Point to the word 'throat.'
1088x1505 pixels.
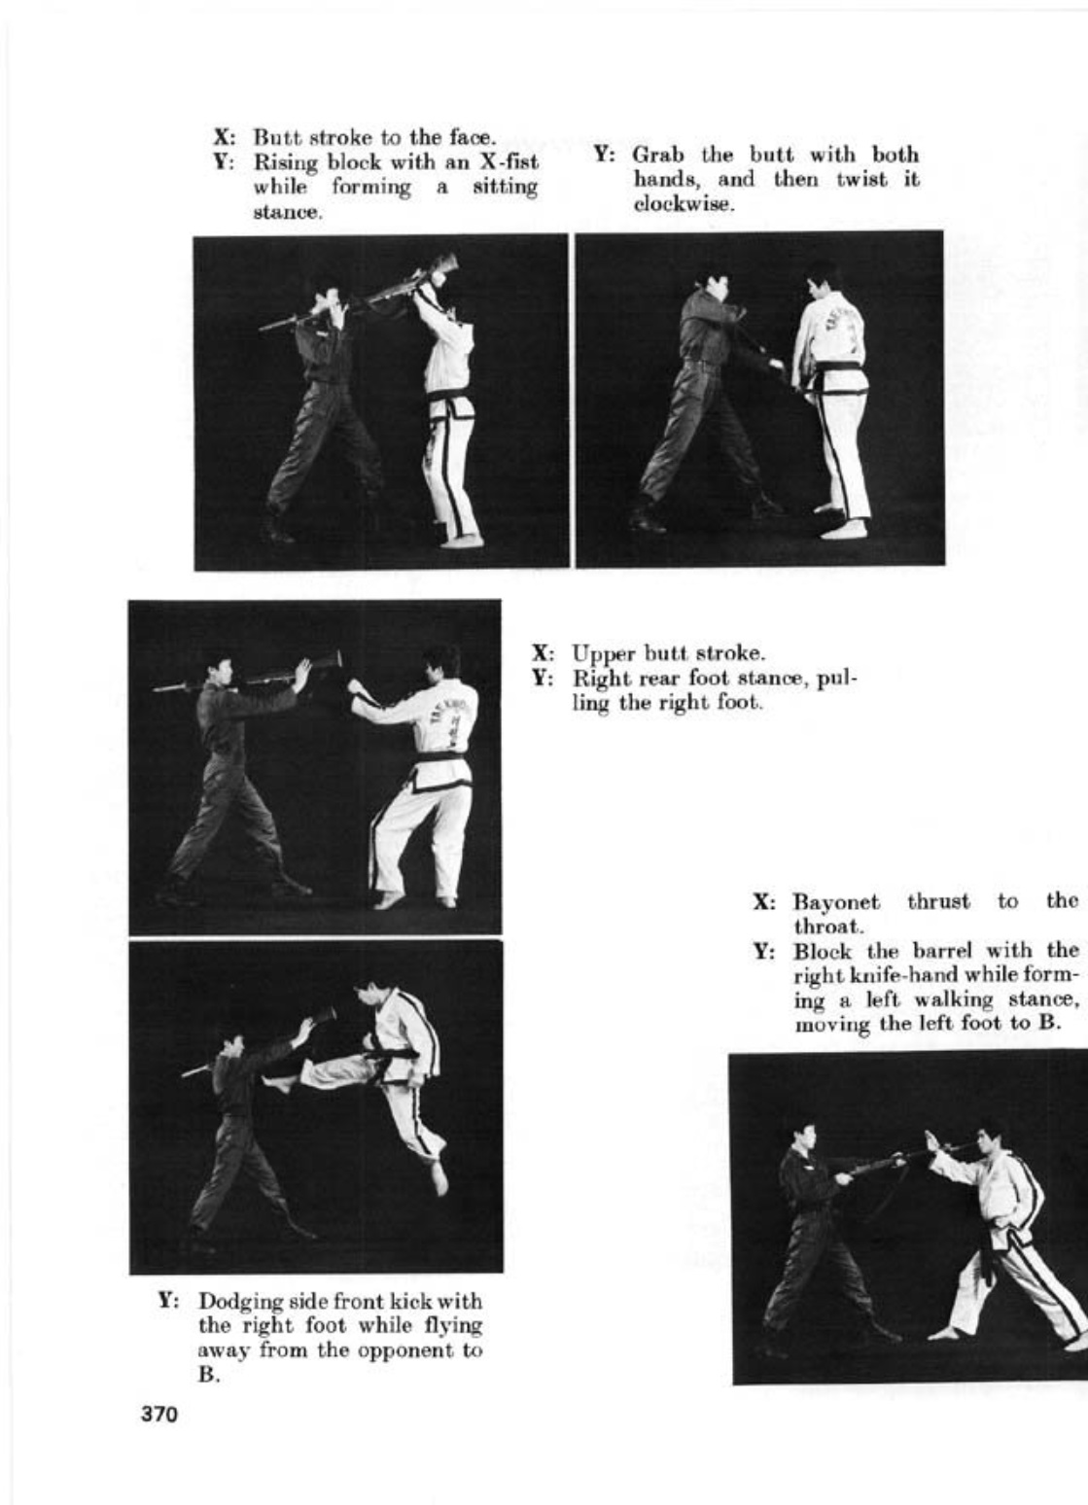point(823,927)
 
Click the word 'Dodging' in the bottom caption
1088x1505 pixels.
point(233,1302)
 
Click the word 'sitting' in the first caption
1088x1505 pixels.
point(505,187)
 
